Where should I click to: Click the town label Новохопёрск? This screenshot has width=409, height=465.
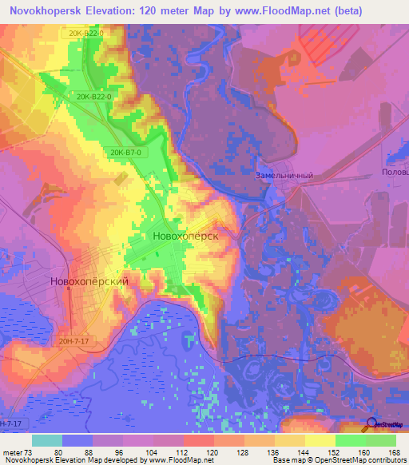click(x=185, y=236)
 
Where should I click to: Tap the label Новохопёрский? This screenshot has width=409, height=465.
click(x=89, y=281)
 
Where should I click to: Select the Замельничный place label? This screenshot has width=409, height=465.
click(x=284, y=175)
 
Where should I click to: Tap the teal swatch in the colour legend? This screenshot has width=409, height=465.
click(x=47, y=440)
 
